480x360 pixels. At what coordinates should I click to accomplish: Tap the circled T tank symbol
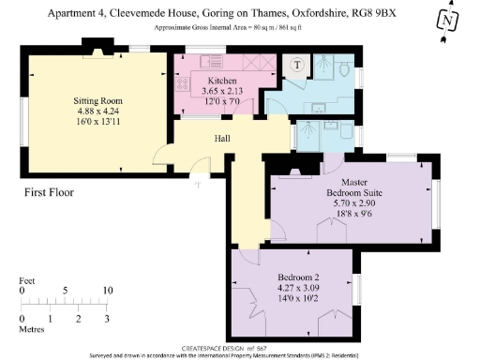click(296, 65)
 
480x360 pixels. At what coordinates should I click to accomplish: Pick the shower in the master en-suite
click(306, 137)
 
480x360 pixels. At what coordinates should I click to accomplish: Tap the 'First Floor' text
click(50, 193)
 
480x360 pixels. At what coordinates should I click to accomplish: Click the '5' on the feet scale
click(65, 291)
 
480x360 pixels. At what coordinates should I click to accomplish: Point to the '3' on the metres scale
click(107, 319)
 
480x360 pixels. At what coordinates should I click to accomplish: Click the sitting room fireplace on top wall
click(95, 46)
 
